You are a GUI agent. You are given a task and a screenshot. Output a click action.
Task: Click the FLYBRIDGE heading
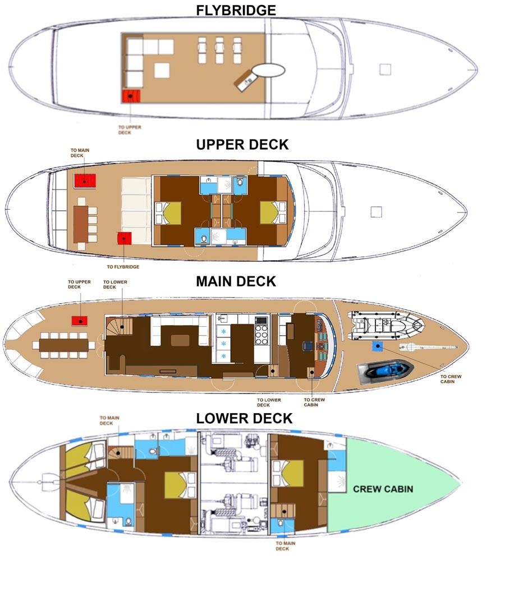click(x=236, y=10)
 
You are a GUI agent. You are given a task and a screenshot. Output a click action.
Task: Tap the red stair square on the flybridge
click(x=131, y=96)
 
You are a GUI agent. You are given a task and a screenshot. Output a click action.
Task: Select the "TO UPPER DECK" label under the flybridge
click(x=130, y=129)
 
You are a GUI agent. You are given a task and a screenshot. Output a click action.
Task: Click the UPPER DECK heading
click(x=242, y=144)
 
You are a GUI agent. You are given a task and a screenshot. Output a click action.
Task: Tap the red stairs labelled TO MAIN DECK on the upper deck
click(x=85, y=180)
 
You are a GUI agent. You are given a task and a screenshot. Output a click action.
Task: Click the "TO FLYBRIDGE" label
click(x=123, y=267)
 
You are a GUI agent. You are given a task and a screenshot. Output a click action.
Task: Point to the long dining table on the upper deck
click(x=81, y=218)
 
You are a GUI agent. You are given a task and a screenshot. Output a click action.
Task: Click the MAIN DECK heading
click(x=236, y=281)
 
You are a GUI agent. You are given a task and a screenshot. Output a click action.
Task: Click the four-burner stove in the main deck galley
click(x=262, y=335)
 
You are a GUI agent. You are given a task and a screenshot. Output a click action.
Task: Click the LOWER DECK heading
click(x=244, y=418)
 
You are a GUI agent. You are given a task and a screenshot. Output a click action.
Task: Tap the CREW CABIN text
click(x=383, y=489)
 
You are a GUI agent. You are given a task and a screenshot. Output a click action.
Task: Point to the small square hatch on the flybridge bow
click(x=385, y=69)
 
